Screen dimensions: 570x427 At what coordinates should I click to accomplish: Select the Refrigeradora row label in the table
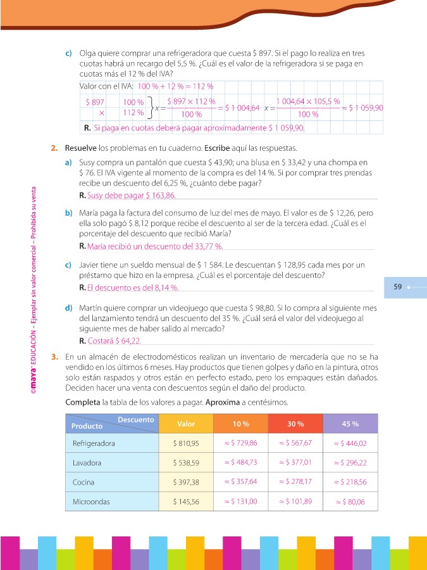coord(94,443)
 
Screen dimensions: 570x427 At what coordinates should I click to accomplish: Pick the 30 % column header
coord(295,424)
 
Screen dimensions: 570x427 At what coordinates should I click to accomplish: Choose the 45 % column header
coord(350,424)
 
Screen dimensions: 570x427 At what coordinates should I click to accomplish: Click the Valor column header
coord(186,424)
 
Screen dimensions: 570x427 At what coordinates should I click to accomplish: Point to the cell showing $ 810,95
coord(186,443)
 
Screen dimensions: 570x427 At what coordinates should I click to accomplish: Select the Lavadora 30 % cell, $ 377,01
coord(295,463)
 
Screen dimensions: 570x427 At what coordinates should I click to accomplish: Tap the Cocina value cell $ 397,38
coord(186,483)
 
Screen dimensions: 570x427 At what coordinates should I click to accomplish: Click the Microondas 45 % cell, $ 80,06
coord(350,502)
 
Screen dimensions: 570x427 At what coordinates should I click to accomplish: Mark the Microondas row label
coord(92,502)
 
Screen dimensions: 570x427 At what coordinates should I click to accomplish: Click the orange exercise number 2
coord(54,148)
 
